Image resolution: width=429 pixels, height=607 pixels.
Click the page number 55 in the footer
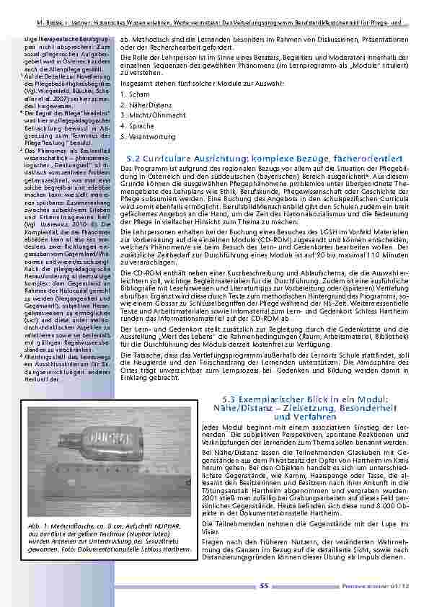(x=265, y=585)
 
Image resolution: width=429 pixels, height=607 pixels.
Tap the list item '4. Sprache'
(x=138, y=125)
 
